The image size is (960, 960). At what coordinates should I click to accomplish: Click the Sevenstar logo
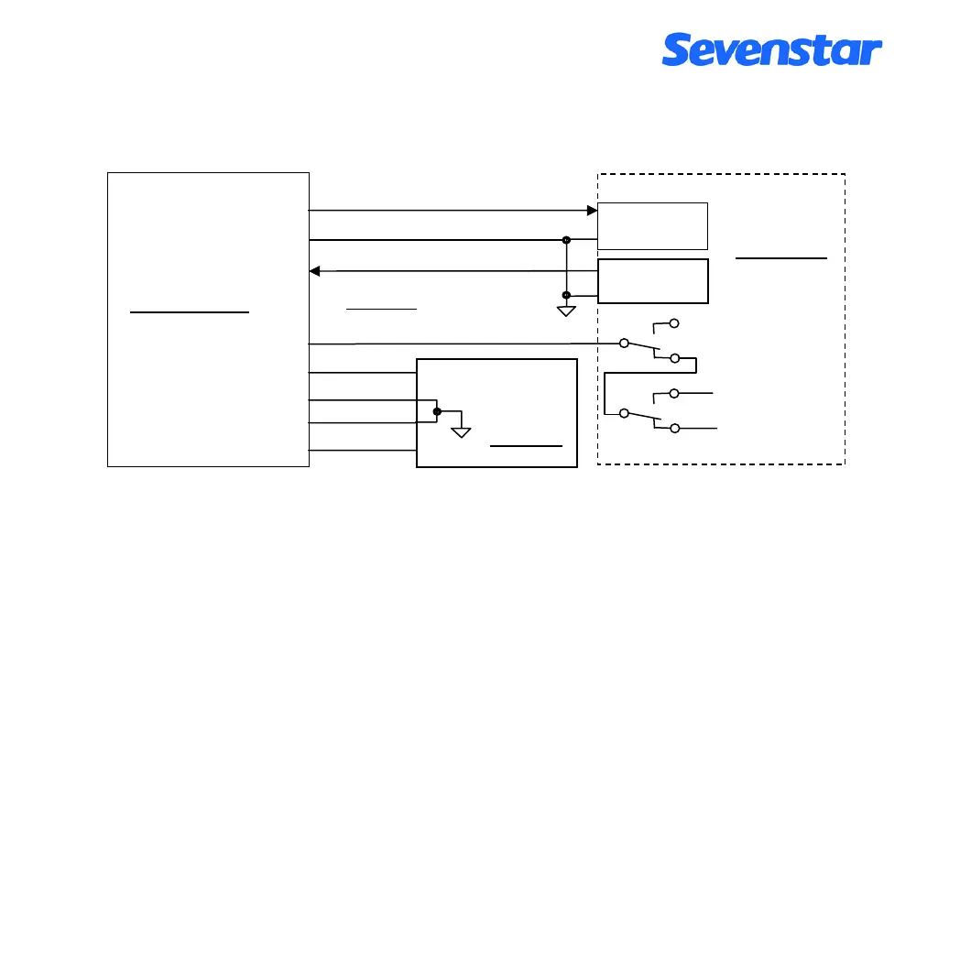point(771,49)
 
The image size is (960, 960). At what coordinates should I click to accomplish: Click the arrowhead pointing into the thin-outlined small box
point(592,211)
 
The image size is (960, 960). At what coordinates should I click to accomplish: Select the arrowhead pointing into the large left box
point(315,271)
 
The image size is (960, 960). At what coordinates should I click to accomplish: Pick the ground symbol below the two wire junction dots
point(566,311)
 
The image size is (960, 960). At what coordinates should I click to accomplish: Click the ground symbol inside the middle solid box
point(460,431)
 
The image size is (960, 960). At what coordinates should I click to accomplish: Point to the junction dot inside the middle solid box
point(437,412)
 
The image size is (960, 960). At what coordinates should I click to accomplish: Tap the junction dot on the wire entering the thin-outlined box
point(566,240)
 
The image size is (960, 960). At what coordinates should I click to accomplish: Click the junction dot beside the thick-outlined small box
point(566,295)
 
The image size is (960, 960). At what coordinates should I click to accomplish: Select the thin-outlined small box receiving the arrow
point(652,225)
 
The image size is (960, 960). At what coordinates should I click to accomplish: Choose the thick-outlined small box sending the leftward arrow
point(652,280)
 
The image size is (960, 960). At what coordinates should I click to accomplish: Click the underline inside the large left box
point(190,312)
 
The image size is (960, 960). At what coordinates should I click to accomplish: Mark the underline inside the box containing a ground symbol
point(525,446)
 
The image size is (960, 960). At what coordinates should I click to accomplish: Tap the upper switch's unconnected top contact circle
point(675,323)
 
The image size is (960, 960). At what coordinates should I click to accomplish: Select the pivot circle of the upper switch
point(625,344)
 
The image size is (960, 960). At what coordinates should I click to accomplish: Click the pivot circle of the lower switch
point(625,413)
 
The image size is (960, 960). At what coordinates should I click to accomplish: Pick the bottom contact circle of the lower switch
point(675,429)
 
